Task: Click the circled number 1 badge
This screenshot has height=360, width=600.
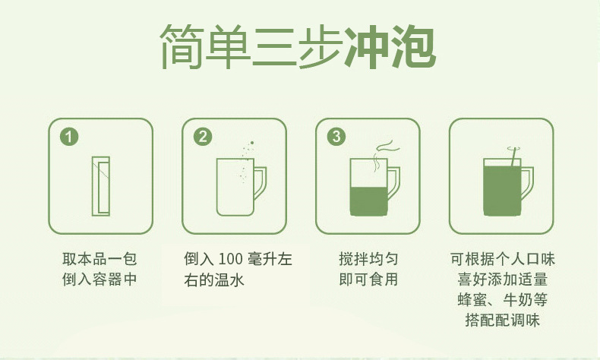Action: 69,137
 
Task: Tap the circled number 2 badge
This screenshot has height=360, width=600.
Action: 203,137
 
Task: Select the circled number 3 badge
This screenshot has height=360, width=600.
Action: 336,137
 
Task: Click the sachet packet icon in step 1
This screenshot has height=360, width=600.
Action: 101,186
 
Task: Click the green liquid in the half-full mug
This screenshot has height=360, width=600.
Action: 369,201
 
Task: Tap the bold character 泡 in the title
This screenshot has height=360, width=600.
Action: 414,46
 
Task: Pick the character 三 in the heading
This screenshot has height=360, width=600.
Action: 275,46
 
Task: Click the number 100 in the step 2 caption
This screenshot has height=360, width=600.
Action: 231,260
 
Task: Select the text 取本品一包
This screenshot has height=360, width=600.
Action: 99,259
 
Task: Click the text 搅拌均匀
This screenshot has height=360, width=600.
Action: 368,259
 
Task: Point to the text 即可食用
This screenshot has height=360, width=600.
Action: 368,279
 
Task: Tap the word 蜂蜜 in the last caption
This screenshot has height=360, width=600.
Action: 472,299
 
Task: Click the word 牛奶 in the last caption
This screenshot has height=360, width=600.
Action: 517,299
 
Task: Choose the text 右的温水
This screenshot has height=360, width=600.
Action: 214,280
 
